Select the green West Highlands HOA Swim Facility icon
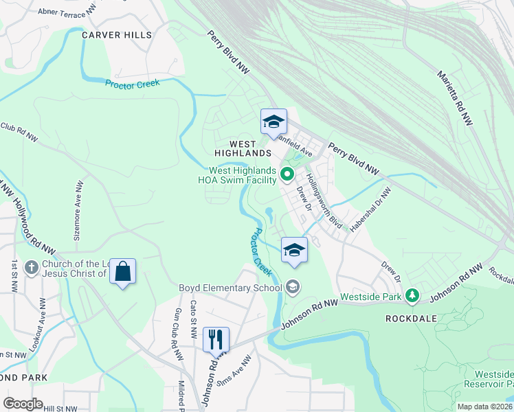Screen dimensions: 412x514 click(288, 174)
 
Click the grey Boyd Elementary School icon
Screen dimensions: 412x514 click(293, 287)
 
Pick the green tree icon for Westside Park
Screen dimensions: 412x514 click(412, 296)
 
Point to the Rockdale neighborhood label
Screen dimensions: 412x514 click(413, 319)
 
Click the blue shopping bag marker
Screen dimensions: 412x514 click(122, 272)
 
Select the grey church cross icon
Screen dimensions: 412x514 click(32, 266)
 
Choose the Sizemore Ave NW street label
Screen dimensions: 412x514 click(78, 209)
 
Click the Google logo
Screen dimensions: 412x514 click(23, 404)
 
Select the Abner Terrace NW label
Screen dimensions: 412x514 click(67, 12)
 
